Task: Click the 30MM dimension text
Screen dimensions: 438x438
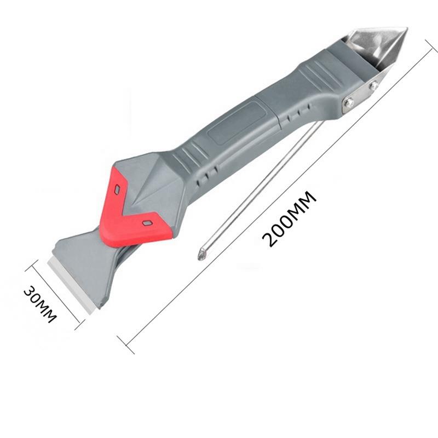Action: point(40,304)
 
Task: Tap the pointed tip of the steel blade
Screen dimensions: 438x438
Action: point(407,28)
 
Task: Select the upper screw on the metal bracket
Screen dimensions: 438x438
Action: point(373,85)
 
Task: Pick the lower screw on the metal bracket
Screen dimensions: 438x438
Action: point(348,103)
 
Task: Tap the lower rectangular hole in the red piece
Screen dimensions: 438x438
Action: point(147,223)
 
